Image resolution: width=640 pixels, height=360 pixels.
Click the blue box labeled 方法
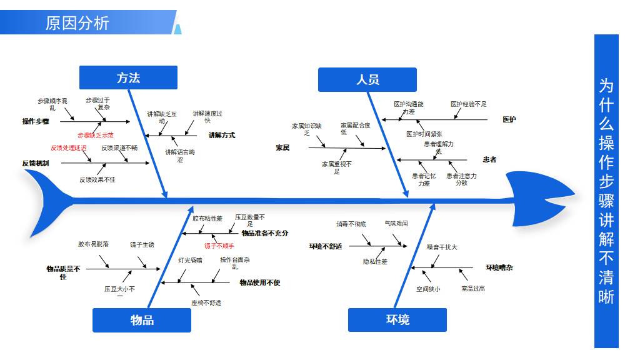(128, 77)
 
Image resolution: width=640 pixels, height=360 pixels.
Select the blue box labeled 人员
(367, 79)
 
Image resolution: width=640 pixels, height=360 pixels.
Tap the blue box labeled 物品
(142, 320)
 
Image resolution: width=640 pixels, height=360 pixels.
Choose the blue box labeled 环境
(397, 320)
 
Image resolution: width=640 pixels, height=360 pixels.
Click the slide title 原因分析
(77, 23)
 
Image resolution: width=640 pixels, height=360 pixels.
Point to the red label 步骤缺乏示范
(96, 135)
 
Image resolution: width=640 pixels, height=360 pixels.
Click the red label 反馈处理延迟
(69, 148)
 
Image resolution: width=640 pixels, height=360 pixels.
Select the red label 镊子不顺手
(219, 246)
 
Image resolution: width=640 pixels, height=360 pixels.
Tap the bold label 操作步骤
(36, 121)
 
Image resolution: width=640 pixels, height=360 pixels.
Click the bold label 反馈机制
(36, 163)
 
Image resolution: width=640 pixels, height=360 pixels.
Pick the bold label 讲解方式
(221, 135)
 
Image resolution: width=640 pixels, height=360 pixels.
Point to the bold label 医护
(509, 119)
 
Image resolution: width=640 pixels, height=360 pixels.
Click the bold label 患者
(489, 159)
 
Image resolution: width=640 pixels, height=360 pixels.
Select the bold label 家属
(282, 148)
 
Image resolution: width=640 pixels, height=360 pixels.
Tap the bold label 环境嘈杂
(499, 267)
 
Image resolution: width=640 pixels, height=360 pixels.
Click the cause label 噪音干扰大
(442, 247)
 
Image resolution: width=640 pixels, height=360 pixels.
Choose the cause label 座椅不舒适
(206, 303)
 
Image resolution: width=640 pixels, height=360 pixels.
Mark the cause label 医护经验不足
(469, 104)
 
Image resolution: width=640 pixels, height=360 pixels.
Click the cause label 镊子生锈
(142, 244)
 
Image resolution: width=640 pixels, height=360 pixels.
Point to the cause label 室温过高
(473, 289)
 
